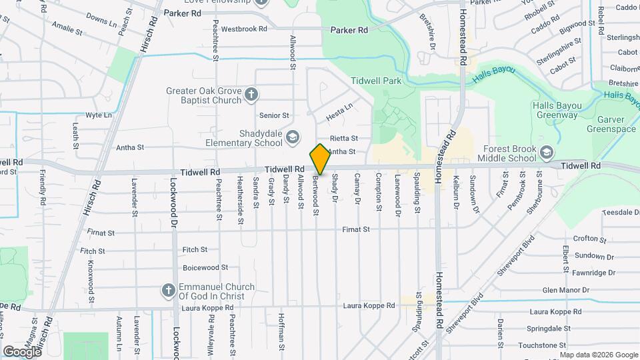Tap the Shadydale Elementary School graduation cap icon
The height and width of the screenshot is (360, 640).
(x=291, y=138)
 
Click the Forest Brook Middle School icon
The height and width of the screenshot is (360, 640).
(x=547, y=153)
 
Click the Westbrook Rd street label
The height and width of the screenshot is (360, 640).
(x=244, y=29)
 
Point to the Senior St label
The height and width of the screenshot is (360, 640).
(x=274, y=115)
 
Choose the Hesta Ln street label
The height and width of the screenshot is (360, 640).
(x=339, y=112)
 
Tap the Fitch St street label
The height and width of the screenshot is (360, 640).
(x=195, y=250)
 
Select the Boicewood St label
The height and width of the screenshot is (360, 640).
(x=205, y=267)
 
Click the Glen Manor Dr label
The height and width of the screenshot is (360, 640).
(x=566, y=290)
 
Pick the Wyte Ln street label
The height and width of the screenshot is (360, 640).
(x=99, y=115)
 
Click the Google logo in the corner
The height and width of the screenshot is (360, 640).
(x=22, y=351)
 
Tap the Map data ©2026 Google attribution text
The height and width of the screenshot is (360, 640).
(x=598, y=354)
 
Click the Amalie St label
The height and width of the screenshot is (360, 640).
(x=67, y=31)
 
